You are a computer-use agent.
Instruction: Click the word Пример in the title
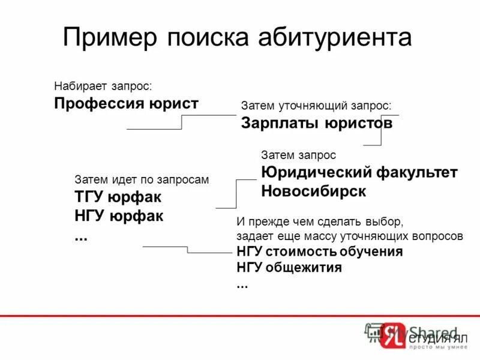pyautogui.click(x=110, y=37)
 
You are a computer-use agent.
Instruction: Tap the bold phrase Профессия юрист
pyautogui.click(x=126, y=103)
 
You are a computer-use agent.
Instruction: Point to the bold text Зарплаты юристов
pyautogui.click(x=317, y=124)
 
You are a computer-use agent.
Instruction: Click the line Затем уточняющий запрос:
pyautogui.click(x=316, y=106)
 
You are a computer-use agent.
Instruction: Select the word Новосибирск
pyautogui.click(x=313, y=191)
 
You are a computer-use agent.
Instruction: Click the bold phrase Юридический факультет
pyautogui.click(x=359, y=173)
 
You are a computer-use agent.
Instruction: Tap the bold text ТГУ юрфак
pyautogui.click(x=118, y=197)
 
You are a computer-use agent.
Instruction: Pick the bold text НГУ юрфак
pyautogui.click(x=119, y=215)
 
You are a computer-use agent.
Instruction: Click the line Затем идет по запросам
pyautogui.click(x=142, y=179)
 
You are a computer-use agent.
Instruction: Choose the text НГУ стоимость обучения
pyautogui.click(x=319, y=251)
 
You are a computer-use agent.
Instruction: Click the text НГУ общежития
pyautogui.click(x=289, y=268)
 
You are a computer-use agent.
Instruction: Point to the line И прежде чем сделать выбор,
pyautogui.click(x=316, y=221)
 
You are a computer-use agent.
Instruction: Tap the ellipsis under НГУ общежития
pyautogui.click(x=242, y=285)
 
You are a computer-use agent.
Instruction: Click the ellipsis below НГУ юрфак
pyautogui.click(x=80, y=236)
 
